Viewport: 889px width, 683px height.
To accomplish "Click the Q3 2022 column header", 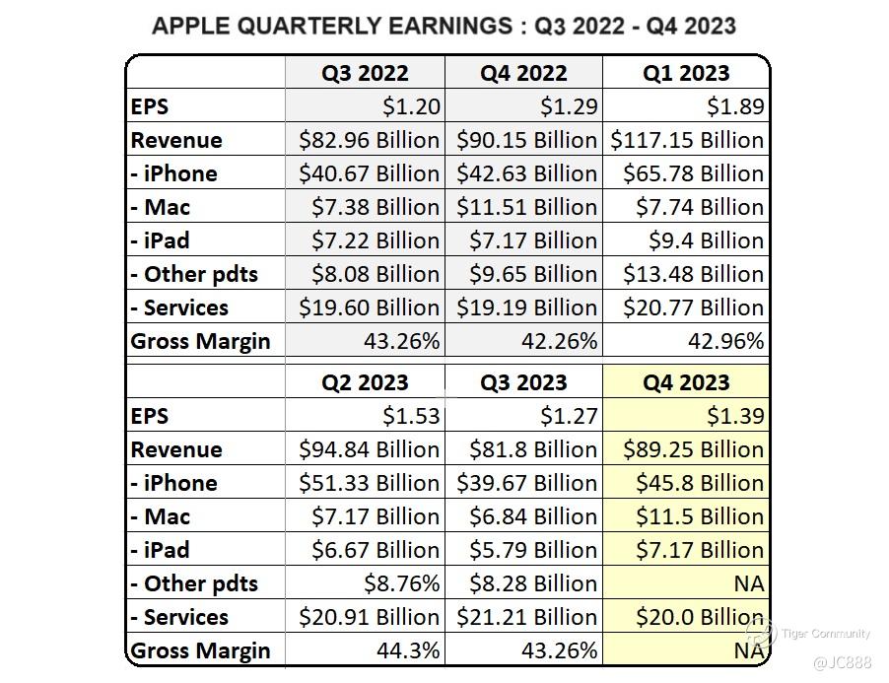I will click(x=365, y=73).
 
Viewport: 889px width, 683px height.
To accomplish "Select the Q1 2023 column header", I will click(x=686, y=73).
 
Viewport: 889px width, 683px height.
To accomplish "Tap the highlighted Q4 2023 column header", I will click(x=686, y=382).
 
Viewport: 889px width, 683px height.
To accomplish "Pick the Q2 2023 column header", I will click(x=365, y=382).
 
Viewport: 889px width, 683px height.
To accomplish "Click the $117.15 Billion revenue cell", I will click(x=687, y=140).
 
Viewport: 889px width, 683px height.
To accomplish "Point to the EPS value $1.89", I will click(x=735, y=106).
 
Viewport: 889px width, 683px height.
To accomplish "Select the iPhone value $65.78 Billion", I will click(x=693, y=173).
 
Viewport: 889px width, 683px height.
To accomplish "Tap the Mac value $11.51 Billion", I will click(x=526, y=207).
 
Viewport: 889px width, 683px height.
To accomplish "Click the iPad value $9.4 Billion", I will click(x=706, y=240).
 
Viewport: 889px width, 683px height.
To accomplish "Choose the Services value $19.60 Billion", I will click(x=370, y=307).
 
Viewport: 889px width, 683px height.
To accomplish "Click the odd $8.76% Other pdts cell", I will click(x=401, y=583).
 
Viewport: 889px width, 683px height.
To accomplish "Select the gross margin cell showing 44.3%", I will click(x=408, y=650).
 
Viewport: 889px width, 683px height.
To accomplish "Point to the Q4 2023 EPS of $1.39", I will click(x=735, y=416).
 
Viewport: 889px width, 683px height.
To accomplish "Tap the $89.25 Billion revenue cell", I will click(x=693, y=449).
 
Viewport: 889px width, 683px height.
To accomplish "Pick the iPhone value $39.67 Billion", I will click(x=526, y=483).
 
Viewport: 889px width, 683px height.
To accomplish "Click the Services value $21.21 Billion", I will click(x=526, y=617).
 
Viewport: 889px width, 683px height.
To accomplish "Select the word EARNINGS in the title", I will click(x=446, y=25).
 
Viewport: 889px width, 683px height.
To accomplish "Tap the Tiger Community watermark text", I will click(x=826, y=634).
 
